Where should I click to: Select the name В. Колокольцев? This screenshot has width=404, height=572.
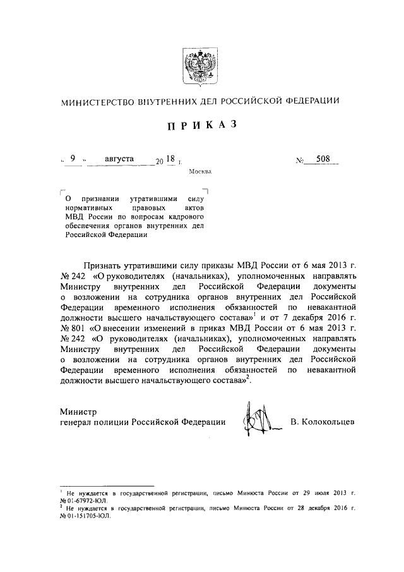point(323,422)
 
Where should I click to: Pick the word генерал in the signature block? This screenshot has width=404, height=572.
point(77,422)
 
